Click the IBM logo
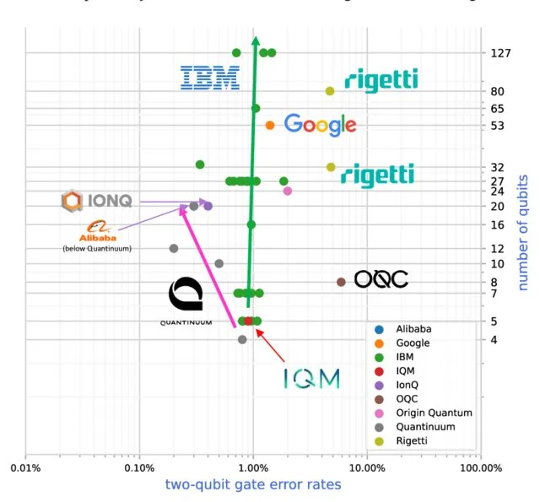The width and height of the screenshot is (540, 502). coord(210,78)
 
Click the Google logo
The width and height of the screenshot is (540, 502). coord(320,125)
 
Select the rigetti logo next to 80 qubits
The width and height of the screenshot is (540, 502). coord(381,80)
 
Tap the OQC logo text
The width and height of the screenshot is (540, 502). coord(381,279)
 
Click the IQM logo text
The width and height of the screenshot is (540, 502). coord(311,379)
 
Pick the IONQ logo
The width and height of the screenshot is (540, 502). coord(97,201)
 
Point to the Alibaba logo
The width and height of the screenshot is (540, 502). coord(96,231)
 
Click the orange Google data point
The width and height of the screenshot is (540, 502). coord(270,125)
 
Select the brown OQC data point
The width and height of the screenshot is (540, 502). coord(341,282)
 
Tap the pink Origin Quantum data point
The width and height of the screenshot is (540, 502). coord(288,191)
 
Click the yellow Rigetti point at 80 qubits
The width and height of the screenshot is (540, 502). coord(330,91)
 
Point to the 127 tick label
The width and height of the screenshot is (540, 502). coord(500,53)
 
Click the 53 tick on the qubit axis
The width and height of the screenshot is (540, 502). coord(496,126)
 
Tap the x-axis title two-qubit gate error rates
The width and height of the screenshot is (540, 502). coord(252,484)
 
